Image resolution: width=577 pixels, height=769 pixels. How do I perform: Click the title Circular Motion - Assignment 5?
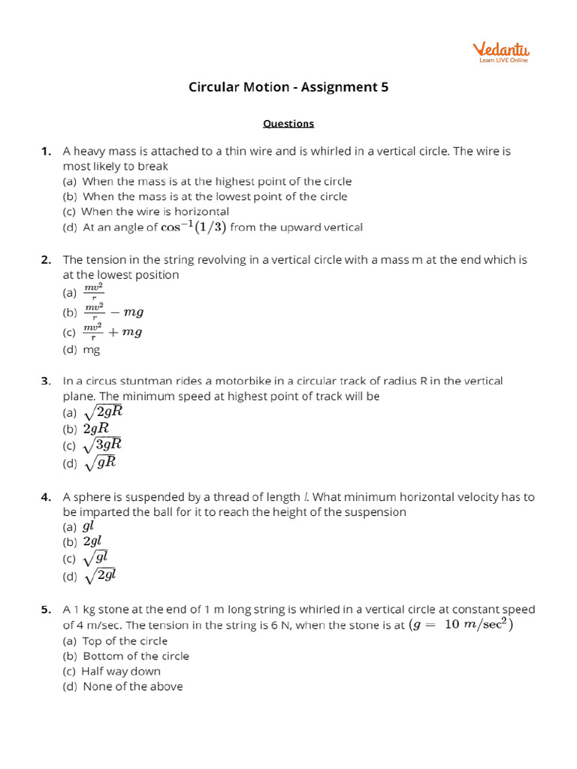point(288,87)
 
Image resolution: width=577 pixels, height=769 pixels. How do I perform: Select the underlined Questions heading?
point(288,123)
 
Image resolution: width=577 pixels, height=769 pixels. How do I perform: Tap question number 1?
point(47,151)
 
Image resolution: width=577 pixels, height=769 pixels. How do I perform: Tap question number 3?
point(47,381)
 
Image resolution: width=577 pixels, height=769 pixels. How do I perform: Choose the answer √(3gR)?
point(102,445)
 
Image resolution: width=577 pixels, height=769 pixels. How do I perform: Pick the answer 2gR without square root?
point(97,428)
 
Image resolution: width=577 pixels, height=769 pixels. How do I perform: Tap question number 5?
point(47,609)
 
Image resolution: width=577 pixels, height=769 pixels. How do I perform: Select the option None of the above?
point(132,686)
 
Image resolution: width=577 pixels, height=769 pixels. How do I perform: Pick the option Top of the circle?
point(125,641)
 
